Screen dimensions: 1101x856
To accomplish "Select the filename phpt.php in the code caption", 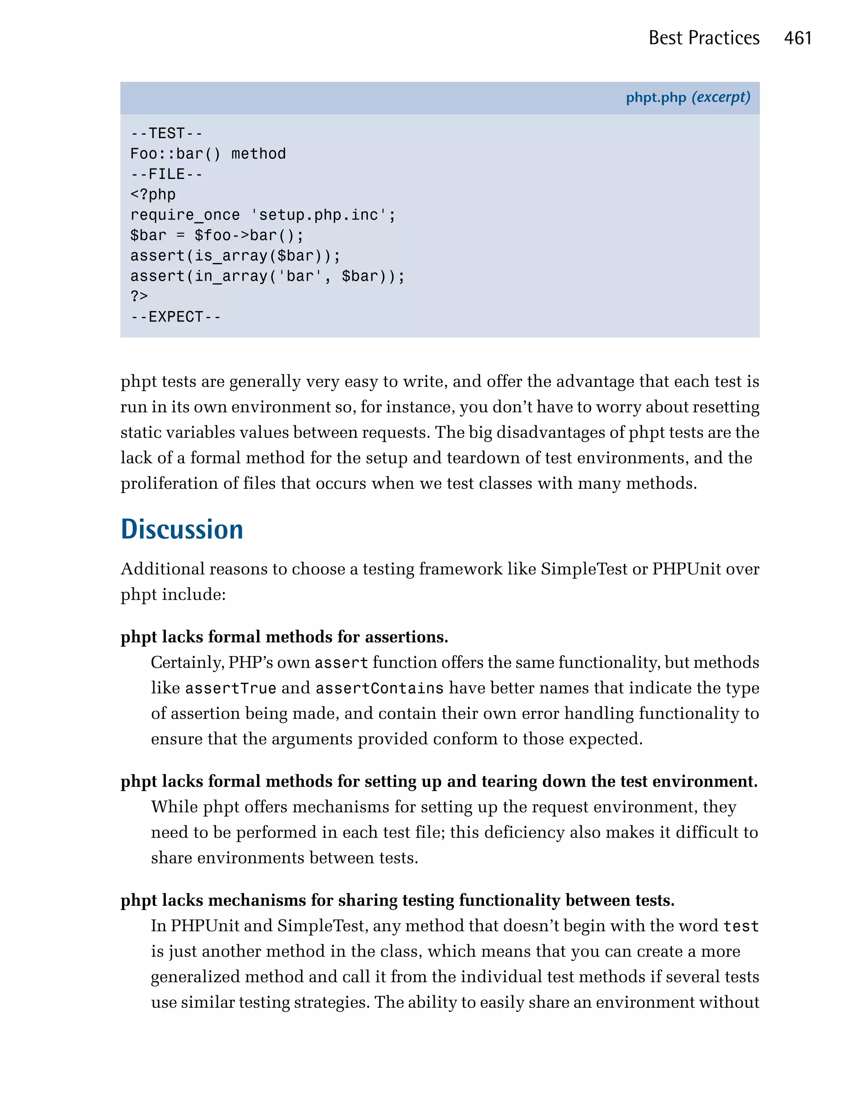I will tap(655, 97).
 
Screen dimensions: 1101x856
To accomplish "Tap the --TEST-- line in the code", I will tap(166, 133).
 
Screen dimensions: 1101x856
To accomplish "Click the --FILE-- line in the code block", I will tap(166, 174).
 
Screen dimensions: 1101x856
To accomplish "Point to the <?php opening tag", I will tap(153, 194).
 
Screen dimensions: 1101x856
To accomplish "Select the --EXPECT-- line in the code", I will tap(175, 317).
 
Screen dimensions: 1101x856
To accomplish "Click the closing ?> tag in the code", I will tap(139, 296).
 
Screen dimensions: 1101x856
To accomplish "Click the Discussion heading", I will tap(182, 529).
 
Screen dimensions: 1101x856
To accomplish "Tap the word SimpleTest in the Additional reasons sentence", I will tap(584, 569).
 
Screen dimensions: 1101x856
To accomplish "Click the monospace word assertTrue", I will tap(230, 689).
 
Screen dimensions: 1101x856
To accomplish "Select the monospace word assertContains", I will tap(380, 689).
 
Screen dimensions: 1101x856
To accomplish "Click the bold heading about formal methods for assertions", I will tap(284, 637).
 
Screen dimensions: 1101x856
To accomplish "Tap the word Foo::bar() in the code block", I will tap(175, 154).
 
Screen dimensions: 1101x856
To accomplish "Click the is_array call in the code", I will tap(230, 256).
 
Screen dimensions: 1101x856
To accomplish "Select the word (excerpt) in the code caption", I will tap(721, 97).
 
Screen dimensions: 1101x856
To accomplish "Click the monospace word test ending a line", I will tap(741, 927).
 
